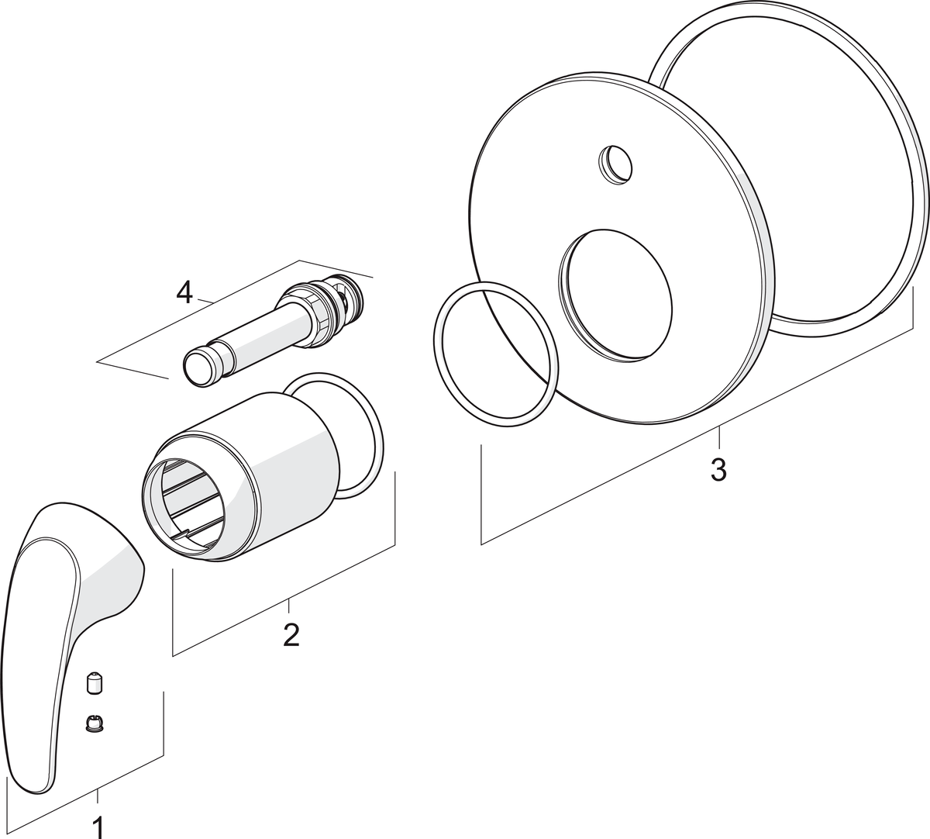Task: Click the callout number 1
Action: pyautogui.click(x=98, y=827)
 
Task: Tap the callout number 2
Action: pyautogui.click(x=291, y=635)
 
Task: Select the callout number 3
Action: pyautogui.click(x=718, y=470)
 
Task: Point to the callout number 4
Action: pyautogui.click(x=184, y=293)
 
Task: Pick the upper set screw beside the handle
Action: pyautogui.click(x=94, y=685)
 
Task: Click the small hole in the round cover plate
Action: pyautogui.click(x=615, y=166)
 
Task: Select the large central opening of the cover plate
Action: pyautogui.click(x=616, y=295)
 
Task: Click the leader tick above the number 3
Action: pyautogui.click(x=719, y=440)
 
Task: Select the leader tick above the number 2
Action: pyautogui.click(x=289, y=607)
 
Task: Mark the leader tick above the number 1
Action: pyautogui.click(x=98, y=798)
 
